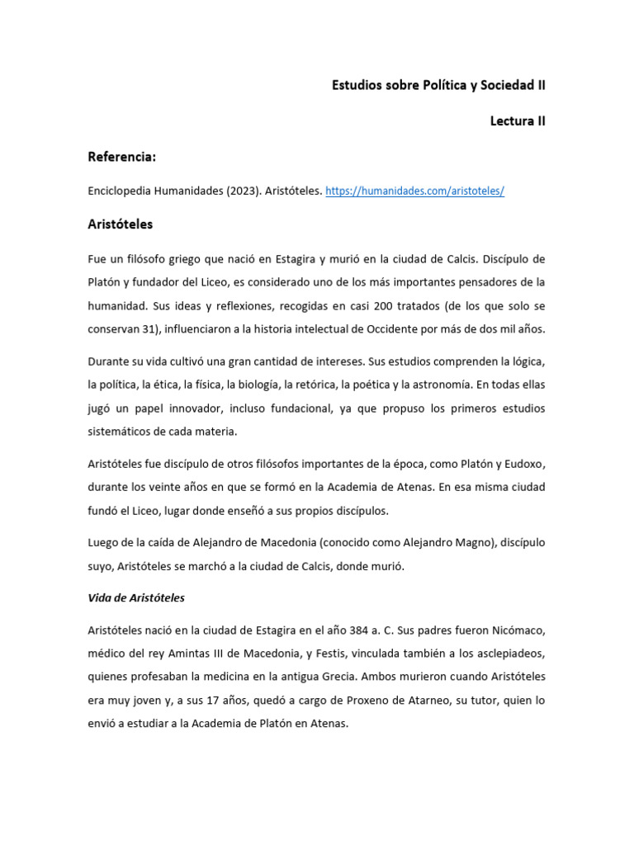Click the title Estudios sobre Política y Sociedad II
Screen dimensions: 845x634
(438, 85)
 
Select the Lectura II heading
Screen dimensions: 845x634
(518, 121)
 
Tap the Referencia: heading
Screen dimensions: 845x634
(122, 157)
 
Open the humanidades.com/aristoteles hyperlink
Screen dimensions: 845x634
(414, 191)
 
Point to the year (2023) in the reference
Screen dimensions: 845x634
(239, 191)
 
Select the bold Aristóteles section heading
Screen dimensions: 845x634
(120, 224)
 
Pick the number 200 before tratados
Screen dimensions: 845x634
(383, 305)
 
